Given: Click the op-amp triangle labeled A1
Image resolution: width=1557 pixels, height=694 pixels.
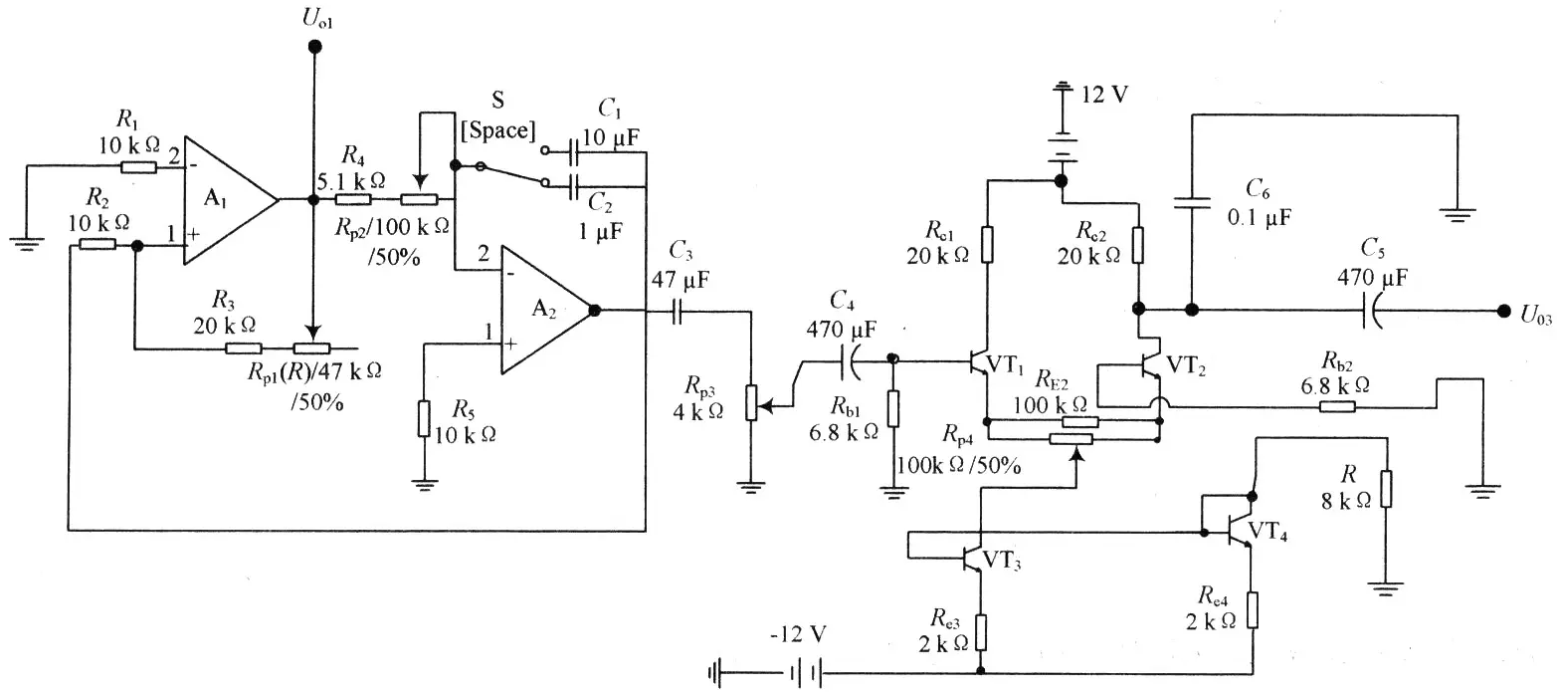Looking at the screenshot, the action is (x=230, y=199).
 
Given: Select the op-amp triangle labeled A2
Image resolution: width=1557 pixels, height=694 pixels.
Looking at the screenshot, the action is (x=547, y=310).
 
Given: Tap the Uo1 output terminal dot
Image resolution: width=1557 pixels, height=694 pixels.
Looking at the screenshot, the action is (x=314, y=47).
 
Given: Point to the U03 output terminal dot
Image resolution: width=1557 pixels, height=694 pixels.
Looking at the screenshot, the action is (x=1503, y=311).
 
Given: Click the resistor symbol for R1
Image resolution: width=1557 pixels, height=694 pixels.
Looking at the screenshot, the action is (x=139, y=167).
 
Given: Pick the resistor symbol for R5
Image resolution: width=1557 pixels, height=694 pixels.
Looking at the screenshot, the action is (x=424, y=418).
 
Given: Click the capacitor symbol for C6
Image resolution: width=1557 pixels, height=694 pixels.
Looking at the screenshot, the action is (x=1192, y=203).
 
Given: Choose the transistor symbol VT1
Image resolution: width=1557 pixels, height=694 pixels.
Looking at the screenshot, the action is (x=979, y=362).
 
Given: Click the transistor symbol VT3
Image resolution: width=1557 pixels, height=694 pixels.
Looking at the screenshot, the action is (x=972, y=556).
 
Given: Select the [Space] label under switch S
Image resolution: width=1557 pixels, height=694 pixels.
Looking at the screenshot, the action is (x=497, y=130).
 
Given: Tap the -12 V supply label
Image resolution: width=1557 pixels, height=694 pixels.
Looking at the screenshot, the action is (x=798, y=633).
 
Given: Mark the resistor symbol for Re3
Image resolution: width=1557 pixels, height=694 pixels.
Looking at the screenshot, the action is (x=980, y=632).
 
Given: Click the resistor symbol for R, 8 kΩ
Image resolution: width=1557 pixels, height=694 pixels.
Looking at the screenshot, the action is (x=1386, y=489).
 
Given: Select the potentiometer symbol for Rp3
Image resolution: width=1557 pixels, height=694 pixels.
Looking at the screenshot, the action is (x=751, y=403).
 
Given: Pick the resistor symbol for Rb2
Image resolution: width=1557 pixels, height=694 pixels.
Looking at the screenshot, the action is (x=1337, y=406).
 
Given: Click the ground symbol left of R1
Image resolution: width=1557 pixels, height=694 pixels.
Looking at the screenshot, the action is (x=27, y=243).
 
